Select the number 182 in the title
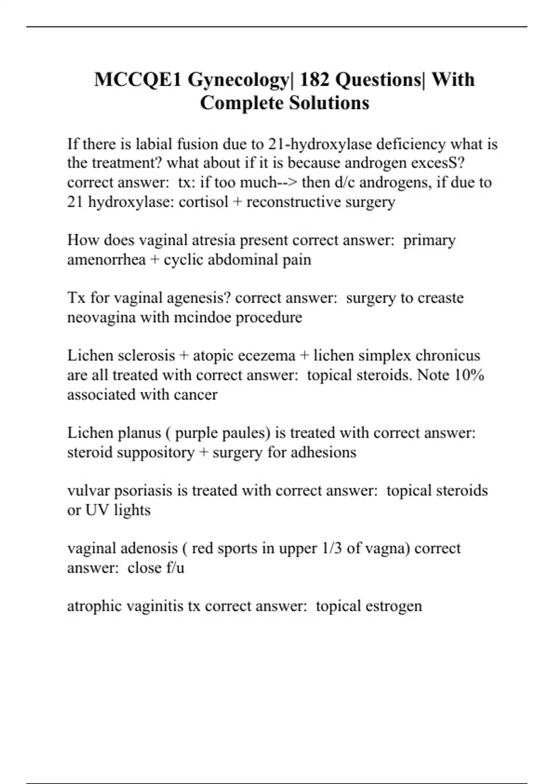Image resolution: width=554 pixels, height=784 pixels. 314,80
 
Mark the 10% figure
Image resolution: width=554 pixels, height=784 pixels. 469,375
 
